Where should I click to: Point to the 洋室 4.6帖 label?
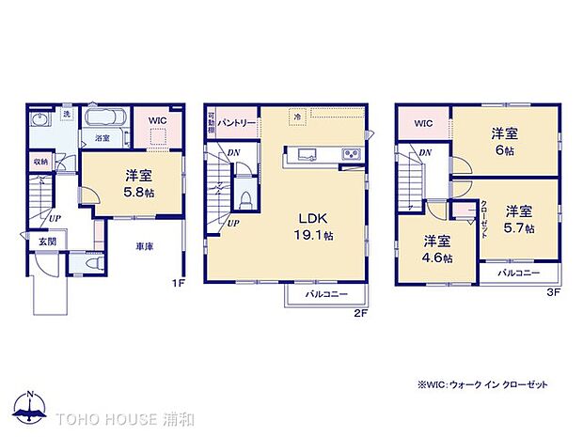point(436,248)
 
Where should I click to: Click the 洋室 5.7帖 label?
point(519,218)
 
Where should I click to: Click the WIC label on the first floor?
point(155,121)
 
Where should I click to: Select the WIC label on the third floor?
point(422,123)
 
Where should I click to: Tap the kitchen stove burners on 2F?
point(351,155)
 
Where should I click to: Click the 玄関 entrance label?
point(47,242)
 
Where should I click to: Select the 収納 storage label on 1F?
point(41,162)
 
